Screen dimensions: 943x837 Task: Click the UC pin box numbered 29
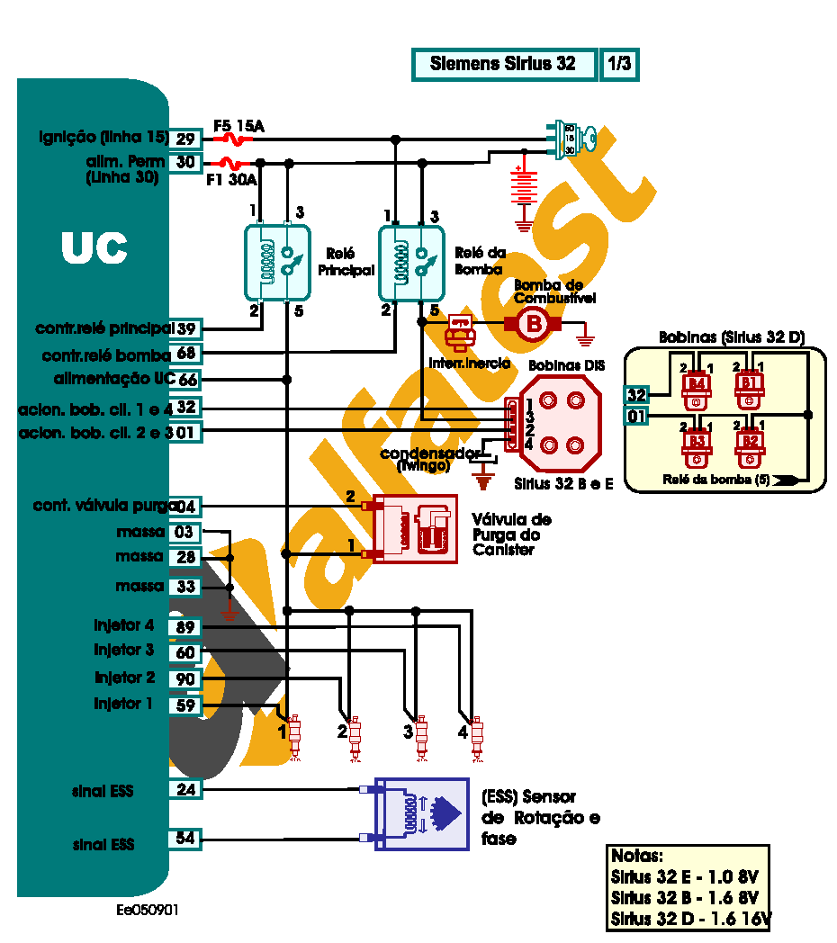click(186, 139)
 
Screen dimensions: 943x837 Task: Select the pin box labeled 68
click(186, 353)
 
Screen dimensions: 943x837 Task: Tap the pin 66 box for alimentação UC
click(186, 380)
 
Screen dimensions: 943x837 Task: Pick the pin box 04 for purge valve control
click(186, 507)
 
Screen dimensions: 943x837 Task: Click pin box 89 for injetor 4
click(186, 627)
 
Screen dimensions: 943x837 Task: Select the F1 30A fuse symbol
click(231, 164)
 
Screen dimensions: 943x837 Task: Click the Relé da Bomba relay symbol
click(411, 263)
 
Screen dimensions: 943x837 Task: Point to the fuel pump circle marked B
click(535, 324)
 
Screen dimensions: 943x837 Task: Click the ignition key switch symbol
click(572, 139)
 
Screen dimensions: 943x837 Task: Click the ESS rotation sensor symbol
click(421, 813)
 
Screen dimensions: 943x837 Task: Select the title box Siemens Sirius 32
click(504, 64)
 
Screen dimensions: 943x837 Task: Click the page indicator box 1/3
click(619, 64)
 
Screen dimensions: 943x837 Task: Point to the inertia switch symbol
click(461, 330)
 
